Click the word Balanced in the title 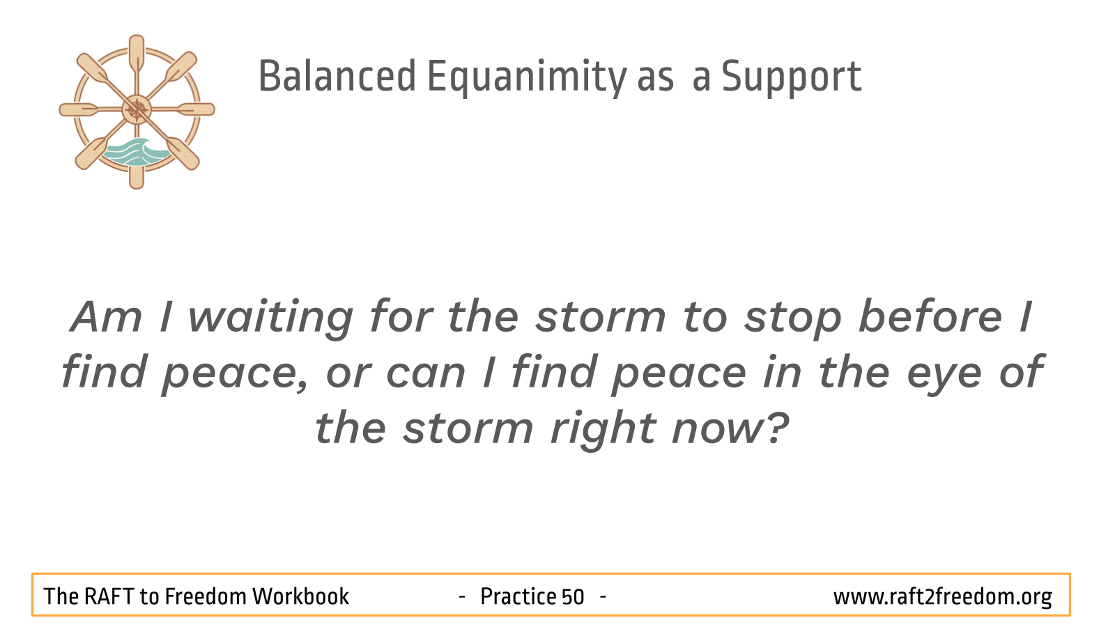(x=337, y=76)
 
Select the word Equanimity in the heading (x=527, y=77)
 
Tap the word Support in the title (x=792, y=77)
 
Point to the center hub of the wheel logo (x=137, y=109)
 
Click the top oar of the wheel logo (x=137, y=56)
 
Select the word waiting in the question (x=271, y=319)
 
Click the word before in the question (x=930, y=316)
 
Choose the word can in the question (x=426, y=373)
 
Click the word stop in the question (x=792, y=319)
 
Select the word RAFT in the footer (x=108, y=596)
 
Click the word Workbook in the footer (x=300, y=596)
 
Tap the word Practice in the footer (x=518, y=596)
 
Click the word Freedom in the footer (x=205, y=596)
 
